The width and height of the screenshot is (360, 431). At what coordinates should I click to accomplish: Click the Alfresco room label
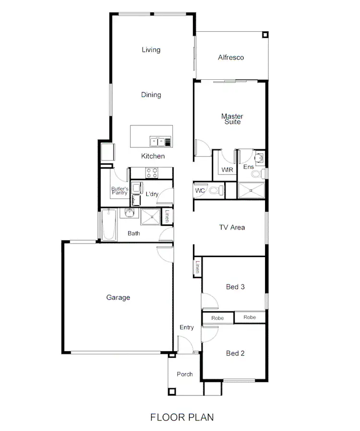click(x=231, y=58)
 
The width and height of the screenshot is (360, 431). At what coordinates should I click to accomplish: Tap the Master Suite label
click(x=232, y=119)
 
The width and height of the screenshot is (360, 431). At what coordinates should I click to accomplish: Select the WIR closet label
click(x=227, y=170)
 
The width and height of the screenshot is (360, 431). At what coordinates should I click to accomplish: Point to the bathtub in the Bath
click(x=108, y=225)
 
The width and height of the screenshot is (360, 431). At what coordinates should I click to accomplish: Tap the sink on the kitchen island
click(x=156, y=141)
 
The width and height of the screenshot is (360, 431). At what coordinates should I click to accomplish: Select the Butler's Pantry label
click(x=120, y=191)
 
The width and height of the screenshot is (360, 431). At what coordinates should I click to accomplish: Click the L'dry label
click(x=152, y=194)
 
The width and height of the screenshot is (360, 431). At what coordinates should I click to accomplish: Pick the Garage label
click(x=118, y=297)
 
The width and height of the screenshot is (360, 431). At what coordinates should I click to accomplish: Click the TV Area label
click(x=232, y=227)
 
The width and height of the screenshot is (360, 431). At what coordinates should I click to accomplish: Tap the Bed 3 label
click(x=235, y=287)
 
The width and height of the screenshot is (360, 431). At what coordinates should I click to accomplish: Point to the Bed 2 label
click(x=235, y=353)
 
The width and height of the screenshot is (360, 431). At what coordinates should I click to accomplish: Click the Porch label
click(x=185, y=374)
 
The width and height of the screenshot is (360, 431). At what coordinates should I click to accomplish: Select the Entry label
click(x=187, y=328)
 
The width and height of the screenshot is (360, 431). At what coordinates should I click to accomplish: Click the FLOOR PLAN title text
click(x=182, y=417)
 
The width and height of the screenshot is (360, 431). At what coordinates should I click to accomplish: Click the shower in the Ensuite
click(x=251, y=190)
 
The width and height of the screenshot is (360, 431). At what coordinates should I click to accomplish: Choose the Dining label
click(x=151, y=95)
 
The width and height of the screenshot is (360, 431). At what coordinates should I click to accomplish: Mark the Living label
click(x=151, y=49)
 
